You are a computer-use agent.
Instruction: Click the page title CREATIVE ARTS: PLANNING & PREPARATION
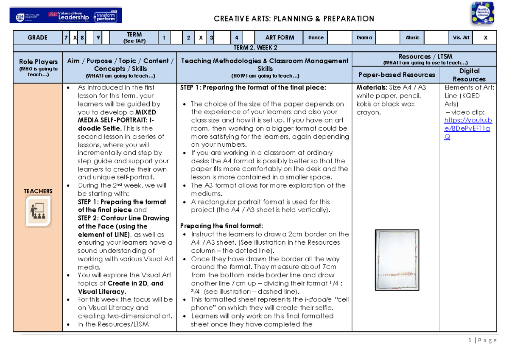coord(294,19)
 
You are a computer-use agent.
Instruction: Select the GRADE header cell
coord(37,38)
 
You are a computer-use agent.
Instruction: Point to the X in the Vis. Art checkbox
coord(486,38)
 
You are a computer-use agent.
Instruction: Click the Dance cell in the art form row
coord(316,38)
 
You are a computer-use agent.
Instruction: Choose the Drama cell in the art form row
coord(364,38)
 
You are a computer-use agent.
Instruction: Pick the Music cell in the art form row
coord(412,38)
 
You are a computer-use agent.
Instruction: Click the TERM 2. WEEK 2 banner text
coord(255,48)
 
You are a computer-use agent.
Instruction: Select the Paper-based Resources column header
coord(397,75)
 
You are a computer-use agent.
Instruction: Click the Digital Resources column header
coord(469,75)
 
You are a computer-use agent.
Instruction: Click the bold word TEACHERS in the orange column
coord(38,191)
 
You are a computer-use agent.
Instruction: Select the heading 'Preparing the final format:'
coord(221,226)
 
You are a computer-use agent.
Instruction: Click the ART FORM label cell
coord(280,38)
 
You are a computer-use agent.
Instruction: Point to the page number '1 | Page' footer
coord(482,340)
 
